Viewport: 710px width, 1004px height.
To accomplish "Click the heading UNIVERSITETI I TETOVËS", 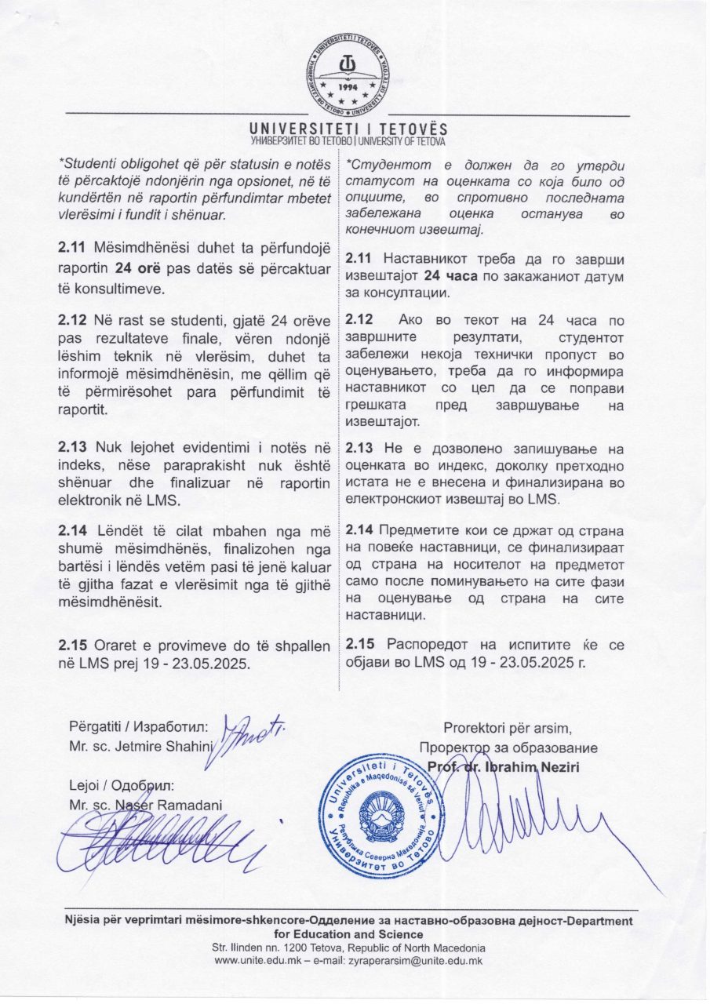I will [x=348, y=128].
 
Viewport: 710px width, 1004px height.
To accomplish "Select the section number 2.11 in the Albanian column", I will [x=73, y=248].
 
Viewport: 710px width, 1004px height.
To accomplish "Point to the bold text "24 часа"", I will [x=450, y=275].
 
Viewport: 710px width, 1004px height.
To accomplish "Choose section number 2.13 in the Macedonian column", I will [x=360, y=447].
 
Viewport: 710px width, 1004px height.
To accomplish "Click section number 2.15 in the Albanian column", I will [x=73, y=645].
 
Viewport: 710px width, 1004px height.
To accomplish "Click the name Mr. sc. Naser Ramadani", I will [x=145, y=805].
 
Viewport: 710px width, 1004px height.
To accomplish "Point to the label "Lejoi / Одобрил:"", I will [x=122, y=785].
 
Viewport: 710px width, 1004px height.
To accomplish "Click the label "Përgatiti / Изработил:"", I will [x=137, y=726].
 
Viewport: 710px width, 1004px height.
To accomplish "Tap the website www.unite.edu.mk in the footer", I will [x=255, y=960].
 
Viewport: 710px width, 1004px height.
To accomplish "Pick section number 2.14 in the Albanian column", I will [x=73, y=527].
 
